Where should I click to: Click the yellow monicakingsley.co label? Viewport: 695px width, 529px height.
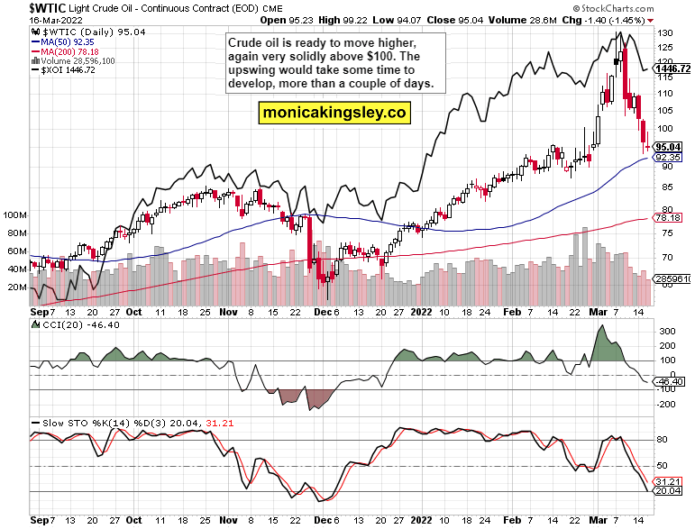(x=334, y=113)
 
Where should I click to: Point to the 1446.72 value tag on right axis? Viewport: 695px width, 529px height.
(x=672, y=68)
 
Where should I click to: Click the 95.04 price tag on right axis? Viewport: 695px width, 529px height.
(x=668, y=146)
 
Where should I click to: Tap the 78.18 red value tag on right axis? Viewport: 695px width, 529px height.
(x=668, y=217)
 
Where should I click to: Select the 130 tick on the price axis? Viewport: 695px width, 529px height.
(x=663, y=32)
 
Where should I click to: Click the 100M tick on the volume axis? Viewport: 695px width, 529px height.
(x=15, y=216)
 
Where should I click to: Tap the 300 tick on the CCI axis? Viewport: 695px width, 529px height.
(x=665, y=332)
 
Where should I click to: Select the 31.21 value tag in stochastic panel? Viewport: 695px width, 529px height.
(x=668, y=481)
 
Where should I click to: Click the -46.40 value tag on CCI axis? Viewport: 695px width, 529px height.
(x=668, y=381)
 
